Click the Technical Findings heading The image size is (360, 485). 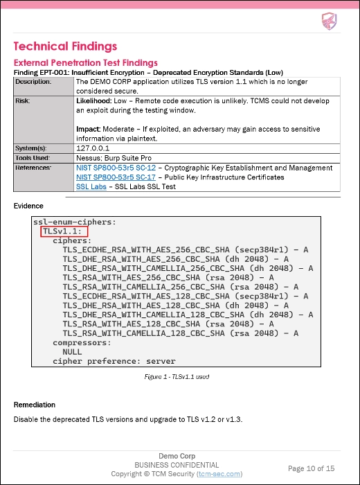coord(65,46)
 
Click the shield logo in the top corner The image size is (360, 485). coord(329,21)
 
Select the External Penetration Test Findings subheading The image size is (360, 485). coord(85,62)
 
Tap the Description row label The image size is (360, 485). coord(33,82)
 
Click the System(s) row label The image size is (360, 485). coord(30,148)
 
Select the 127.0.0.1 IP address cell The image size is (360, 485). coord(93,148)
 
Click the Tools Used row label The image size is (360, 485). coord(33,157)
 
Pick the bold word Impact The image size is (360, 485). coord(87,129)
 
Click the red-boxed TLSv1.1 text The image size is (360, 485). coord(61,231)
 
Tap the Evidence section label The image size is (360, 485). coord(28,206)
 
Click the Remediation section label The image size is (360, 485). coord(35,405)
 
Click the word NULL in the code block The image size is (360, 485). coord(72,351)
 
